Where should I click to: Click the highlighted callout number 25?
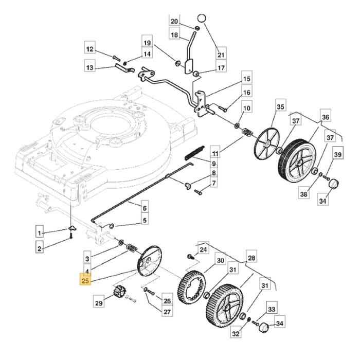(x=85, y=281)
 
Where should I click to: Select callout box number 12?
(x=91, y=49)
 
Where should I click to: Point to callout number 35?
(x=280, y=107)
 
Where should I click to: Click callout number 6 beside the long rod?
(x=145, y=208)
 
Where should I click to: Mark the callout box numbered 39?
(x=337, y=155)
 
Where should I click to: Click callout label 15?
(x=246, y=79)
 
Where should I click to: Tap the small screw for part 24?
(x=189, y=256)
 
